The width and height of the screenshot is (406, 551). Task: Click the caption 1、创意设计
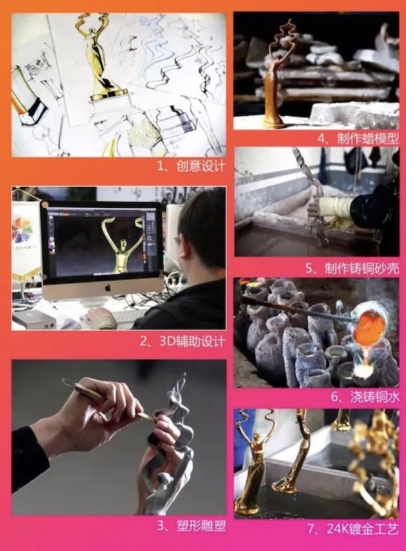(191, 166)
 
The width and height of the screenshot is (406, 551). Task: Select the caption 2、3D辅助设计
(182, 341)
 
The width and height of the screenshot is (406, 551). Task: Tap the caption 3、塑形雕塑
(191, 526)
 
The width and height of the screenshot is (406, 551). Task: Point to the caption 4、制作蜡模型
(358, 138)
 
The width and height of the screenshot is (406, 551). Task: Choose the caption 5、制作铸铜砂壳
(352, 268)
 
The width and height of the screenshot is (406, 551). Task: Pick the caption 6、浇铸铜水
(365, 397)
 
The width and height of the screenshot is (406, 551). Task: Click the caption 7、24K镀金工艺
(353, 529)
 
